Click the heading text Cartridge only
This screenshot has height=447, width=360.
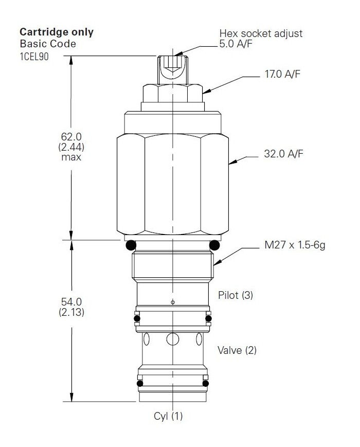pos(57,32)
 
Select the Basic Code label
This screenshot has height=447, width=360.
pos(47,44)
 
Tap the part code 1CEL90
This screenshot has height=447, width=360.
pos(34,56)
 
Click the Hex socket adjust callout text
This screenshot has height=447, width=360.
pos(261,33)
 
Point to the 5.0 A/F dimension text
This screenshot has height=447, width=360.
pos(236,45)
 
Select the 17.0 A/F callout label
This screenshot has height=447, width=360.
pos(282,75)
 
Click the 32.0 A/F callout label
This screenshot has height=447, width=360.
pos(282,153)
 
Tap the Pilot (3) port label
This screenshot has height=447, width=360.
pos(236,295)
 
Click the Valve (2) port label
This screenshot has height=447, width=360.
pos(237,351)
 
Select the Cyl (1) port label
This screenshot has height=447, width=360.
pos(168,416)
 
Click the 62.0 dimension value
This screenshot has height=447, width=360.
pos(70,137)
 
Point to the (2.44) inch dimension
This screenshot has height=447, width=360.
pos(70,147)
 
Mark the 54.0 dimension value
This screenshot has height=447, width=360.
pos(70,302)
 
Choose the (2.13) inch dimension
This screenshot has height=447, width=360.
pos(70,312)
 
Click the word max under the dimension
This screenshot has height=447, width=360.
pos(70,156)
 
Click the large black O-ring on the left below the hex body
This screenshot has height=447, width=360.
pos(130,245)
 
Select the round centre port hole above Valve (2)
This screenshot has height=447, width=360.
pos(172,339)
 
